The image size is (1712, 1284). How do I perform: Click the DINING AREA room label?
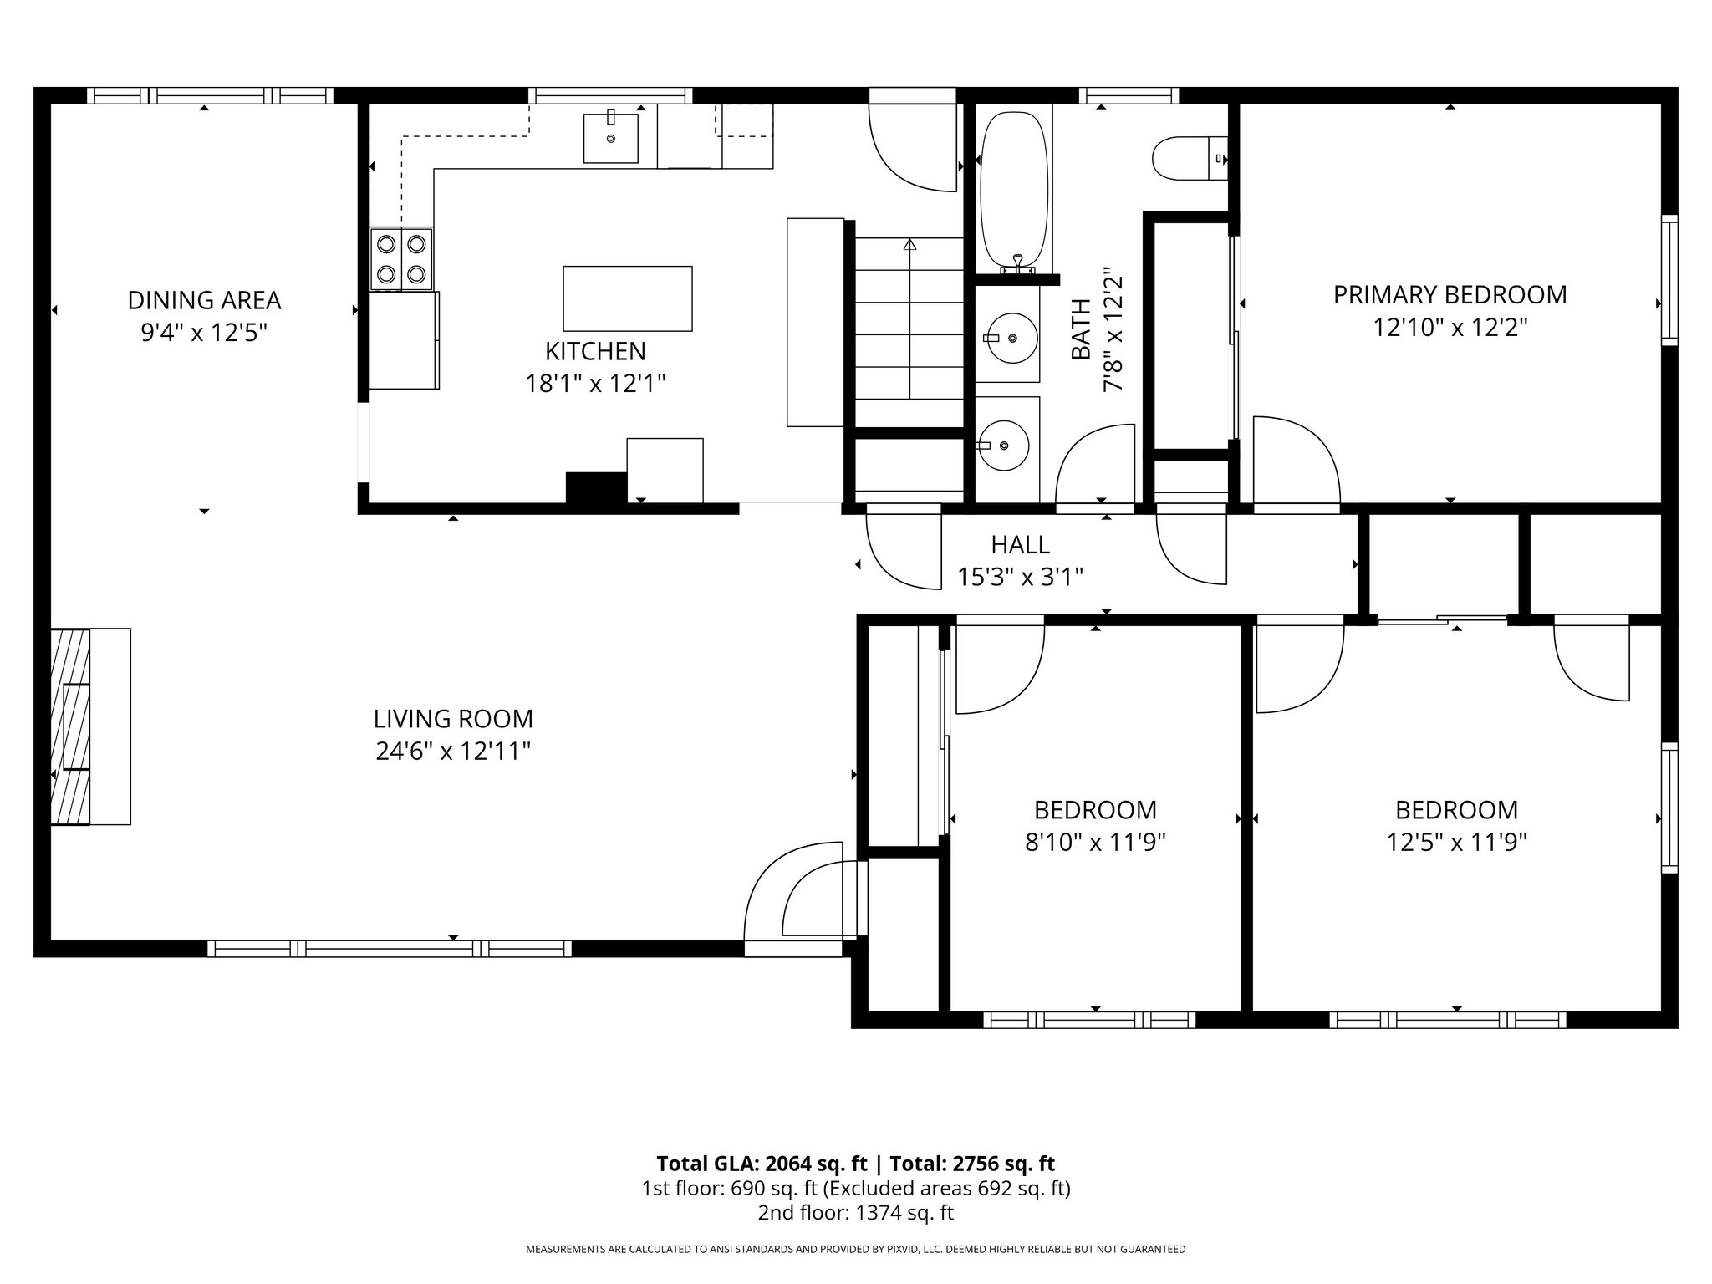point(204,299)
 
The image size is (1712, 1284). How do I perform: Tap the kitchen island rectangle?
point(628,298)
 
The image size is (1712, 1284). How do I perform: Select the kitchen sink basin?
point(610,138)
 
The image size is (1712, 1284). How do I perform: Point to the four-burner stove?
point(402,259)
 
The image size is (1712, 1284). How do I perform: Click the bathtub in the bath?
point(1013,192)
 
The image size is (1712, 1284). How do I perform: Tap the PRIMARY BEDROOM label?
point(1450,294)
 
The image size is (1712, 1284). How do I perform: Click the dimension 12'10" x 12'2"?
point(1450,327)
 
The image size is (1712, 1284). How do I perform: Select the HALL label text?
point(1020,545)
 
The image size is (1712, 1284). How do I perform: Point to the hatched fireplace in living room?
point(70,726)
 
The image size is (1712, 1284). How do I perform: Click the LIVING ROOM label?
point(453,718)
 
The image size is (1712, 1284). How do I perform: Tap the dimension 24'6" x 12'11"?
point(453,752)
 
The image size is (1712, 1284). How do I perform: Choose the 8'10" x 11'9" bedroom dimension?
point(1095,842)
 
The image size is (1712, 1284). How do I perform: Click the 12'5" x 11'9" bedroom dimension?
point(1457,842)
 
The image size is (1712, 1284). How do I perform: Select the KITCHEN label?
point(595,350)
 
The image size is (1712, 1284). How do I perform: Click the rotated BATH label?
point(1081,329)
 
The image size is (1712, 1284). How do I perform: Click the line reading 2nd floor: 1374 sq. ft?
point(856,1213)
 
